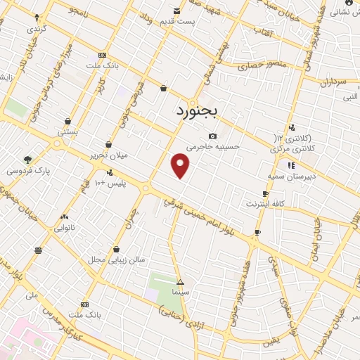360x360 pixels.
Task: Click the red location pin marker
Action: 181,166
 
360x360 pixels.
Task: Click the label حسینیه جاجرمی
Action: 214,147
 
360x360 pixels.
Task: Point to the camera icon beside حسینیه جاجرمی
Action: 212,136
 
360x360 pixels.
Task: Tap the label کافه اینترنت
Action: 264,204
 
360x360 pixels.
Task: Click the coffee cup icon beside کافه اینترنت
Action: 265,193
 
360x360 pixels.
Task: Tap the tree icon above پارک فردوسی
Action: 27,160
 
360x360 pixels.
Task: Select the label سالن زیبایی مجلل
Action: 116,259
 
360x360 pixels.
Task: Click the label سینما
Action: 181,291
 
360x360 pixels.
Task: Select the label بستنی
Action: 67,131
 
